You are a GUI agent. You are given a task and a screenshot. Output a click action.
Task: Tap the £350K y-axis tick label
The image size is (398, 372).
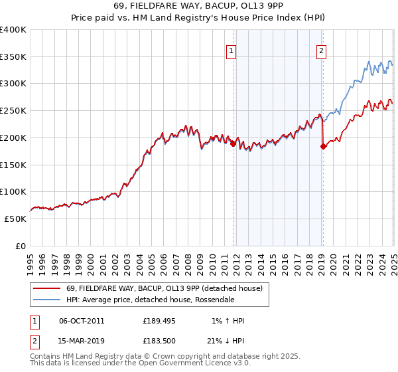click(13, 57)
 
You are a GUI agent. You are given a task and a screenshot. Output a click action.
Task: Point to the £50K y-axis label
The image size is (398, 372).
click(16, 219)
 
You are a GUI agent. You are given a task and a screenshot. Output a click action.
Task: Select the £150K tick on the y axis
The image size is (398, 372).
click(13, 165)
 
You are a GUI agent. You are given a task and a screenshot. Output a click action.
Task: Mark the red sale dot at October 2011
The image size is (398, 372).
click(233, 143)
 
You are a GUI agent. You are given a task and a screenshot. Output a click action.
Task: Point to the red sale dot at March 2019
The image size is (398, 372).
click(323, 147)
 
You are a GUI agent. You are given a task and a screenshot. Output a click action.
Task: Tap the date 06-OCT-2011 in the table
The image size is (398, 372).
click(82, 321)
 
